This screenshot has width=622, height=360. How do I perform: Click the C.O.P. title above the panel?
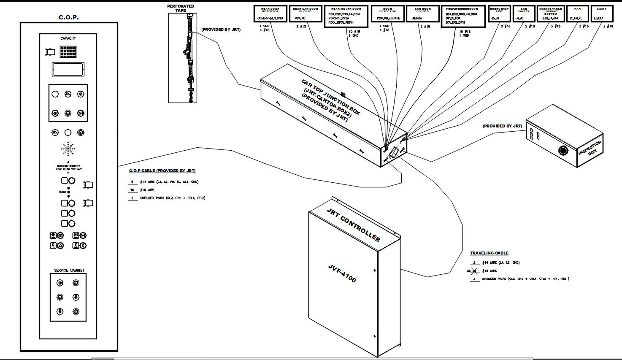pyautogui.click(x=68, y=17)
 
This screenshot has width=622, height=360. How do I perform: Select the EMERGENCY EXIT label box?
pyautogui.click(x=499, y=14)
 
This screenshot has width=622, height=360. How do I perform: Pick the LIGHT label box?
pyautogui.click(x=602, y=14)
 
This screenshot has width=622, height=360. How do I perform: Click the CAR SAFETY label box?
pyautogui.click(x=524, y=14)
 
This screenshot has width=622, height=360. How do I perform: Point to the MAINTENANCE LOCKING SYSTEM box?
pyautogui.click(x=550, y=14)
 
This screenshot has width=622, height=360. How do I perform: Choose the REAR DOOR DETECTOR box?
pyautogui.click(x=270, y=14)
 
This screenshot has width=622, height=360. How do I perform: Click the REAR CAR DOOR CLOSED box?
pyautogui.click(x=305, y=14)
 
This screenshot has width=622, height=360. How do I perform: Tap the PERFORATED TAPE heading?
pyautogui.click(x=181, y=8)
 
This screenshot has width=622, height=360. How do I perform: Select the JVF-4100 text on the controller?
pyautogui.click(x=342, y=273)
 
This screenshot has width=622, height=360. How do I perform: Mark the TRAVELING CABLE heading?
pyautogui.click(x=489, y=253)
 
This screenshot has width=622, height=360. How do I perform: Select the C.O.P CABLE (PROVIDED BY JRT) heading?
pyautogui.click(x=162, y=171)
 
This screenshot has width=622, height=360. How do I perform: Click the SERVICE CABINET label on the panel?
pyautogui.click(x=69, y=271)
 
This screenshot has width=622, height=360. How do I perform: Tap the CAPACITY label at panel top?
pyautogui.click(x=68, y=38)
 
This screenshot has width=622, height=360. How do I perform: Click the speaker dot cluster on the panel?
pyautogui.click(x=68, y=149)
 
